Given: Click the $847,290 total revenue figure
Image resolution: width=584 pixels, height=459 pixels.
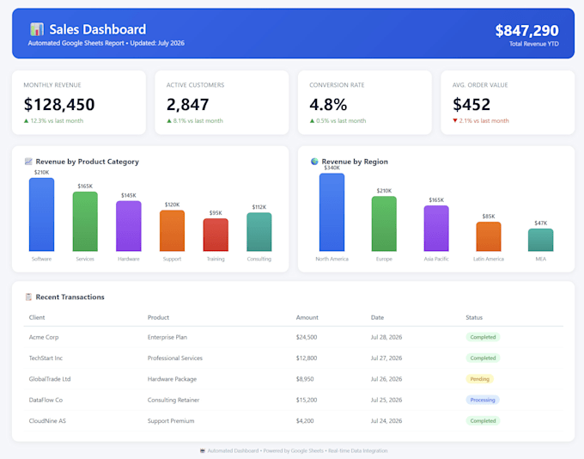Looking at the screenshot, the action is pos(526,31).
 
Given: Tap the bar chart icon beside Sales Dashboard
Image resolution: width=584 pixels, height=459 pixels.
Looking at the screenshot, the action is pos(37,29).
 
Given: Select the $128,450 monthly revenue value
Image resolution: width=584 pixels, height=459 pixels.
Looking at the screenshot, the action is pos(59,104).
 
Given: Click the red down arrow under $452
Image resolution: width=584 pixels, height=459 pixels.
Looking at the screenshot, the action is pos(455,120).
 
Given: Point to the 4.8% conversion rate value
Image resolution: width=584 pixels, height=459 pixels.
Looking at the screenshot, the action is pos(328,104).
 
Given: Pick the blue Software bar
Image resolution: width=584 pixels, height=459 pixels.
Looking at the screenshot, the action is pos(42,214).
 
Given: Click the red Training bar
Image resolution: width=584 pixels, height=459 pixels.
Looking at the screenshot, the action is pos(216,235).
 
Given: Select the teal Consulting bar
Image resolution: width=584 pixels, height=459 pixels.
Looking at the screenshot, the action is pos(259,232).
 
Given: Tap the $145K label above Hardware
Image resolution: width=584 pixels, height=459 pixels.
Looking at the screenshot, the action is pos(129,195).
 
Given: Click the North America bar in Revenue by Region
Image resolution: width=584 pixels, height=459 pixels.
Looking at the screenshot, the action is pos(332,212).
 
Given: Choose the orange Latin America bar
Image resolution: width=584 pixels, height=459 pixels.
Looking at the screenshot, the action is pos(489,236).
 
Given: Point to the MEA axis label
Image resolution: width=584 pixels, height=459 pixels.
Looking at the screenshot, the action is pos(541,259).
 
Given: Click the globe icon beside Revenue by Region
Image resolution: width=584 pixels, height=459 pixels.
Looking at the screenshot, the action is pos(314,161).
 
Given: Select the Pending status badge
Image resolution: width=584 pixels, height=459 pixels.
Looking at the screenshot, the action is pos(480,379).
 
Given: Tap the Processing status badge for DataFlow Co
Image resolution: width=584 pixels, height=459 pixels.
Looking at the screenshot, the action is pos(483,400).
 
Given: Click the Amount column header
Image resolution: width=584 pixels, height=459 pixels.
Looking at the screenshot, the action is pos(307,317).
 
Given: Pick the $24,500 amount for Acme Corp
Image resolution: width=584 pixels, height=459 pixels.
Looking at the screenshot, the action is pos(307,337).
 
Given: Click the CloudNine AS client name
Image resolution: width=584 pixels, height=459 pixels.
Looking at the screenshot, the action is pos(47,420).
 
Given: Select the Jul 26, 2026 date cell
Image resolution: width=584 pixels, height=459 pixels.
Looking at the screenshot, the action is pos(386,379).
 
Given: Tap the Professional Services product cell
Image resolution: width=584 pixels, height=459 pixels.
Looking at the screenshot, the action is pos(175,358).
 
